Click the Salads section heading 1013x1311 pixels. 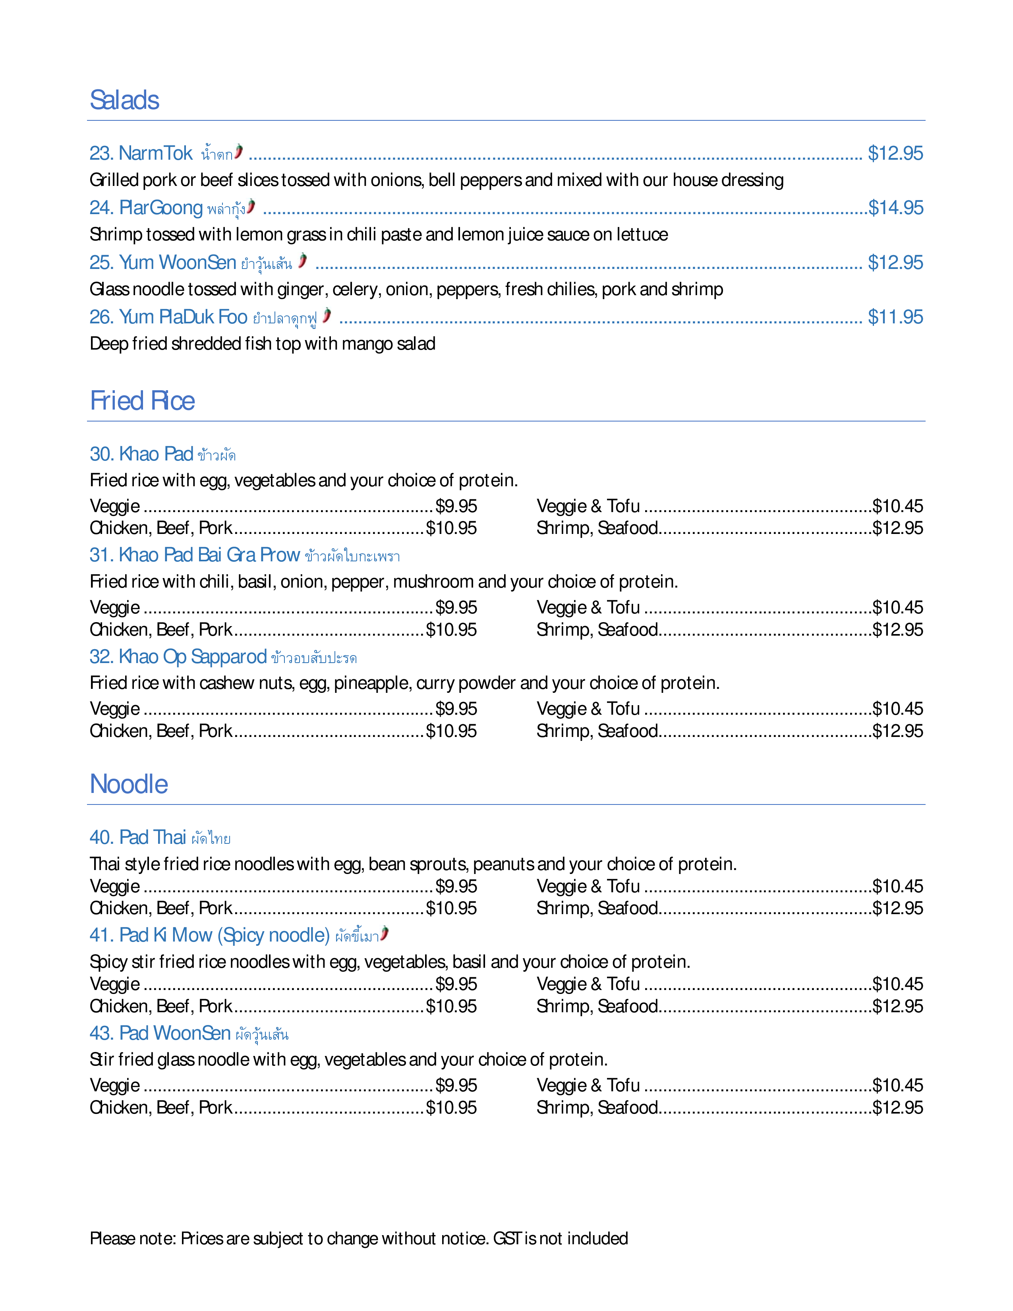point(124,100)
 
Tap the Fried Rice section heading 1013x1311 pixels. point(142,401)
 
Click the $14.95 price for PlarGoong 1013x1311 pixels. point(896,208)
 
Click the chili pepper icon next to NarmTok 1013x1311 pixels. point(239,151)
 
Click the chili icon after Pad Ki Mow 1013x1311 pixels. point(385,934)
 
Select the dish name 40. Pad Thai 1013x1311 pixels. point(138,837)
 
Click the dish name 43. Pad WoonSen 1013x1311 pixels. point(160,1033)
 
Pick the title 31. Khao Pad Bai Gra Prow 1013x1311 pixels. point(194,555)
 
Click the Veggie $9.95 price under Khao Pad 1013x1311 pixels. point(456,506)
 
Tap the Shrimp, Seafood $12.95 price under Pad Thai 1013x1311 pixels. point(898,908)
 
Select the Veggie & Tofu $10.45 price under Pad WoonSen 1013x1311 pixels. point(898,1085)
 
